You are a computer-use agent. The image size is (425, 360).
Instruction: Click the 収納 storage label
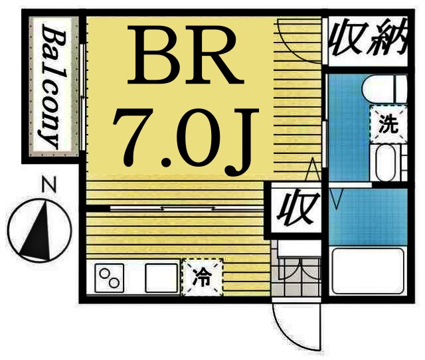367,39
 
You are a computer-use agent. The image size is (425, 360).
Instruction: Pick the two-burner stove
110,277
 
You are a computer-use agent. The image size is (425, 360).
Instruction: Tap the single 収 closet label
293,210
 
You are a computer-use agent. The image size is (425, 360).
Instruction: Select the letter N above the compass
45,183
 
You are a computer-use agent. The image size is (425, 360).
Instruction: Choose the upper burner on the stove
105,272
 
